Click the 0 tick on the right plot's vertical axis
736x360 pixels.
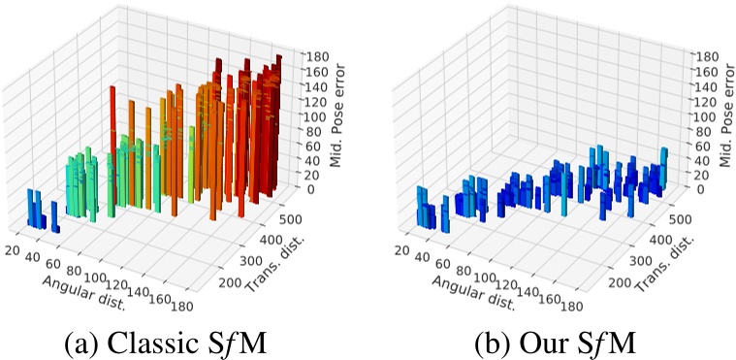(697, 190)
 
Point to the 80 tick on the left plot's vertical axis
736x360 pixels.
(311, 131)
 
